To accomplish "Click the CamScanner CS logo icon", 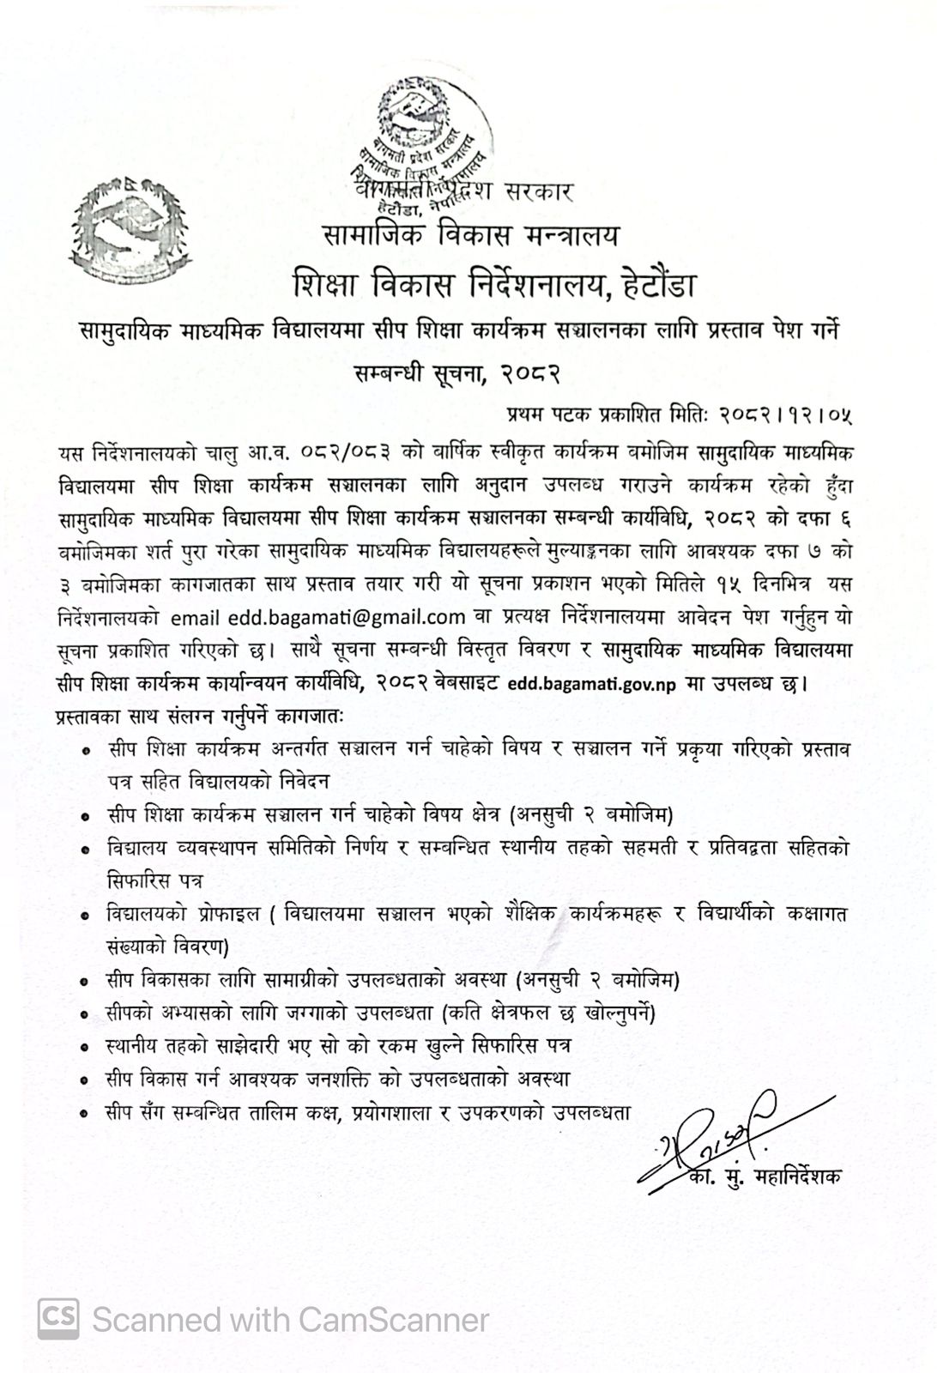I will tap(58, 1317).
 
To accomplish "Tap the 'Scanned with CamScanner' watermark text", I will tap(291, 1319).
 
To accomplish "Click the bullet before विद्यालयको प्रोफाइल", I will tap(86, 916).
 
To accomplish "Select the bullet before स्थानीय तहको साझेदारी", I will tap(86, 1048).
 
